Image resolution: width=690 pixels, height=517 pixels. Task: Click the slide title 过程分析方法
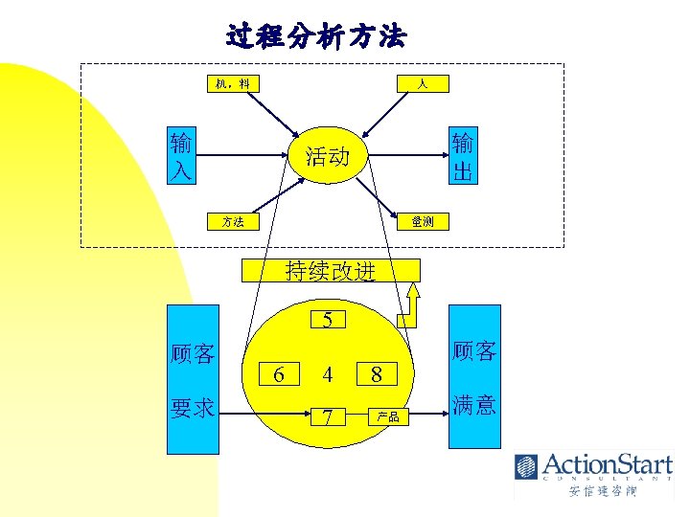tap(316, 37)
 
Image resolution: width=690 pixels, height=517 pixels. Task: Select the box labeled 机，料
tap(232, 84)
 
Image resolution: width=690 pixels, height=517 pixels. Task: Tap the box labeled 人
tap(422, 84)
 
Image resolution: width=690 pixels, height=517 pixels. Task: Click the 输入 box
tap(180, 157)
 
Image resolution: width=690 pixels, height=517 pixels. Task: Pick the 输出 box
tap(463, 157)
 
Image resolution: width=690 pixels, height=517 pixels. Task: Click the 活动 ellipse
tap(327, 156)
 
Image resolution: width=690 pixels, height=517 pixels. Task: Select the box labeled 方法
tap(232, 221)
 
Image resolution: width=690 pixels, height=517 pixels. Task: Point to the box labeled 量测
tap(422, 221)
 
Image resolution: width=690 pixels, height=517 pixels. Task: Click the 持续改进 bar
tap(330, 270)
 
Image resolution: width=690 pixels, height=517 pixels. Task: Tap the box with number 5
tap(328, 320)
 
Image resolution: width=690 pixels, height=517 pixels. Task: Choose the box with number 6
tap(279, 373)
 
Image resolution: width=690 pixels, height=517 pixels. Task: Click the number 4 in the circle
tap(328, 373)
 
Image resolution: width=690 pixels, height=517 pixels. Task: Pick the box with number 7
tap(328, 417)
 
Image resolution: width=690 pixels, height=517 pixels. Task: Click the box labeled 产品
tap(388, 417)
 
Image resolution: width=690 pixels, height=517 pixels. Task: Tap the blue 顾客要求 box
tap(193, 379)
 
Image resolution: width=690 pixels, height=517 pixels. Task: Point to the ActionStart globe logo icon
tap(526, 467)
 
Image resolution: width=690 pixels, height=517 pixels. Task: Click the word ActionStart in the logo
tap(608, 465)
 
